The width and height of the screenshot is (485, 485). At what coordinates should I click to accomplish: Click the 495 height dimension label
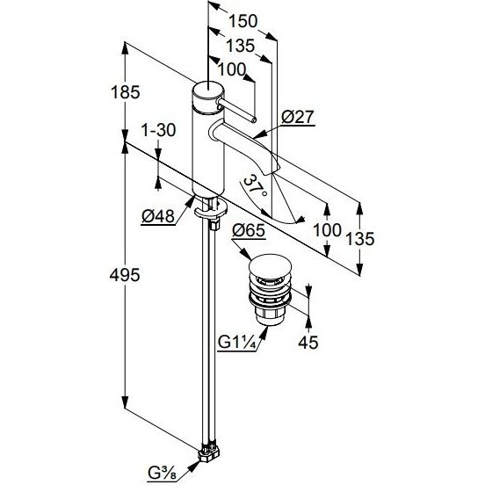click(125, 275)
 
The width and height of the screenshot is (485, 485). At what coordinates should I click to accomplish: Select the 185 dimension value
click(126, 92)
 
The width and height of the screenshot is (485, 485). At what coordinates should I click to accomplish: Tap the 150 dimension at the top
click(242, 21)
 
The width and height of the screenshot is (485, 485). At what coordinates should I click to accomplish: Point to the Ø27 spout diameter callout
click(298, 117)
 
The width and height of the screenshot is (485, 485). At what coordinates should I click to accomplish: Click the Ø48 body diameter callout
click(158, 216)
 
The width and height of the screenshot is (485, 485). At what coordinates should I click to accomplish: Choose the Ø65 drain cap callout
click(249, 230)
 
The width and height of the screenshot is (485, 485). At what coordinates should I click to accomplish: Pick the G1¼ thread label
click(237, 343)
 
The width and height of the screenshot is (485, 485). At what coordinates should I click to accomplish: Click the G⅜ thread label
click(162, 473)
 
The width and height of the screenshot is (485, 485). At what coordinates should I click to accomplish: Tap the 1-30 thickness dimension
click(158, 130)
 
